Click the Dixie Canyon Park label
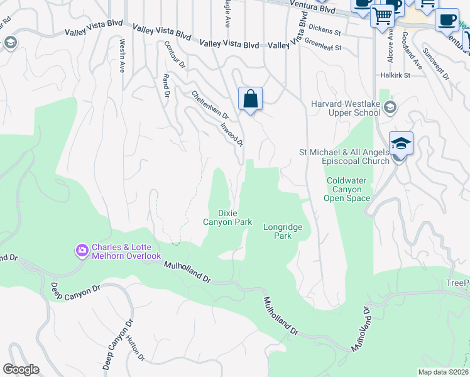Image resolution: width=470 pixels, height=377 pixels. tap(227, 217)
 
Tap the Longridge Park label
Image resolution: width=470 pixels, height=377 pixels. tap(283, 231)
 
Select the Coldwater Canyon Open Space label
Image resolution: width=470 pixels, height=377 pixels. tap(347, 189)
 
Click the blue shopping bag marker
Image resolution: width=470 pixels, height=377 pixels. tap(250, 99)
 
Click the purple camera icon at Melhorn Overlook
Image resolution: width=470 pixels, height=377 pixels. tap(82, 251)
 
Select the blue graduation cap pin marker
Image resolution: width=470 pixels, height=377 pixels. tap(401, 144)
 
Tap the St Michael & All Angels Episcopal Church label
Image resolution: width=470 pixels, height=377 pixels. tap(343, 156)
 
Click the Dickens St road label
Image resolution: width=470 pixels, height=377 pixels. tap(325, 31)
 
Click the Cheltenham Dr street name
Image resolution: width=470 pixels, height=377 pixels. tap(210, 104)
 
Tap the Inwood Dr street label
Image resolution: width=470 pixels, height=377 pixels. tap(232, 133)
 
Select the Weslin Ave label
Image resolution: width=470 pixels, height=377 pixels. tap(122, 55)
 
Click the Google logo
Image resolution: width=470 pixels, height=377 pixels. tap(21, 369)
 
